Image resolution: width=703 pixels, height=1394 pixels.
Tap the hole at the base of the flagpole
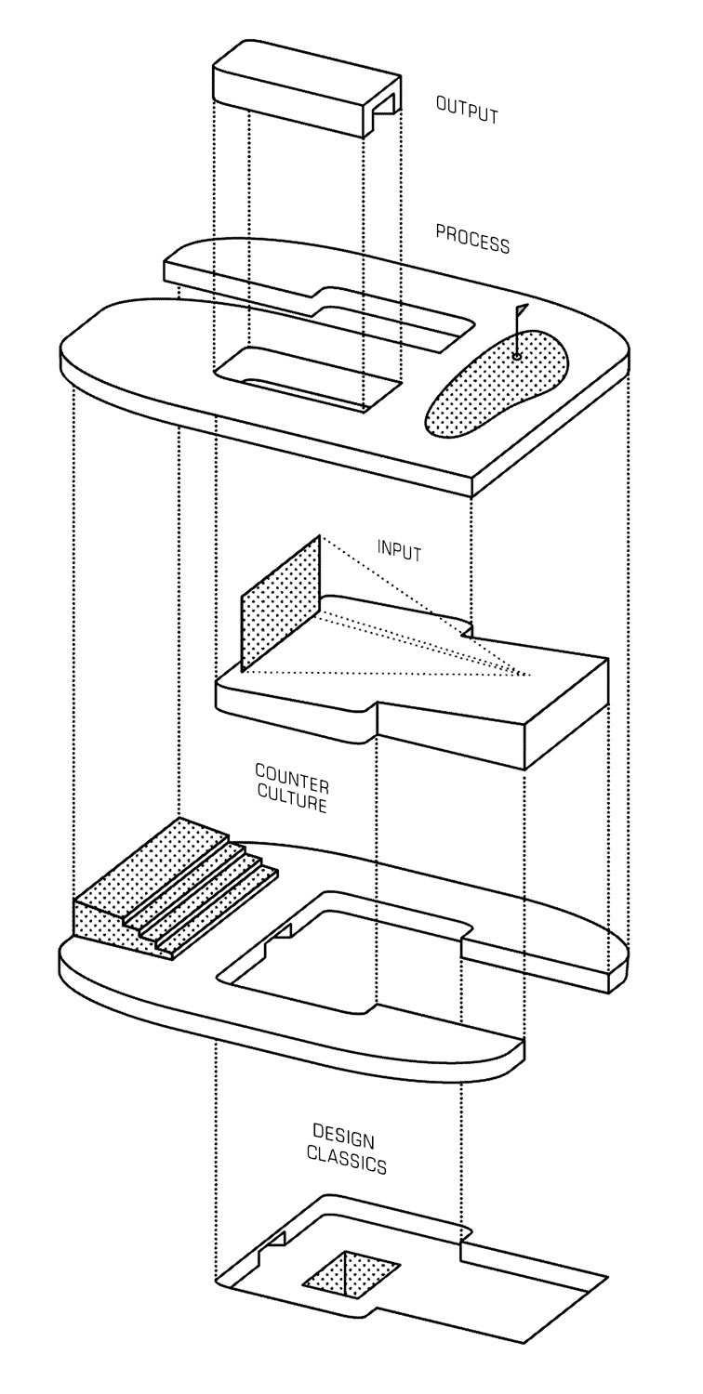517,355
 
